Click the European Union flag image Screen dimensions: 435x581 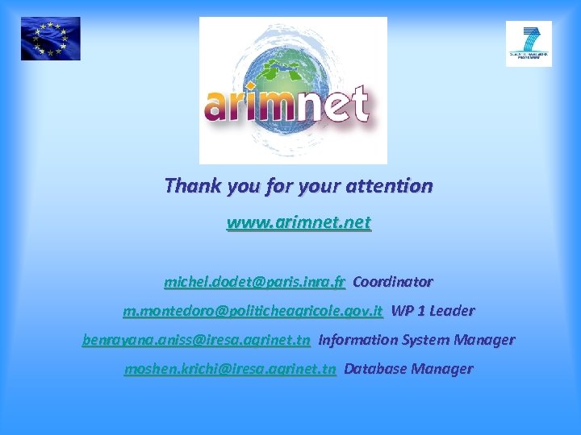(x=50, y=39)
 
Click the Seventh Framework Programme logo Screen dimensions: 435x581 (x=529, y=43)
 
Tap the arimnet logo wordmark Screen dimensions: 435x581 (x=286, y=105)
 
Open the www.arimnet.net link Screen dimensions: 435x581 (x=299, y=222)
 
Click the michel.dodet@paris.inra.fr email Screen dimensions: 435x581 (x=255, y=282)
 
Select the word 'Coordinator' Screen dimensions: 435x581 (x=393, y=282)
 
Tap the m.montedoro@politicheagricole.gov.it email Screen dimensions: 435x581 (x=253, y=311)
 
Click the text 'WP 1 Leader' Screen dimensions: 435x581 (x=433, y=311)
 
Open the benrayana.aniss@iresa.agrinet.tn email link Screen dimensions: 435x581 (x=196, y=340)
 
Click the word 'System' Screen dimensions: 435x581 (x=420, y=340)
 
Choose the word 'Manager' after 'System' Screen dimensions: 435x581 (x=483, y=340)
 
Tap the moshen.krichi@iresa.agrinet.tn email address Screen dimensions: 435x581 (x=230, y=369)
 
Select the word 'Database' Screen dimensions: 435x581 (x=374, y=369)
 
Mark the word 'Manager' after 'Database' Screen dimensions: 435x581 (x=441, y=369)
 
